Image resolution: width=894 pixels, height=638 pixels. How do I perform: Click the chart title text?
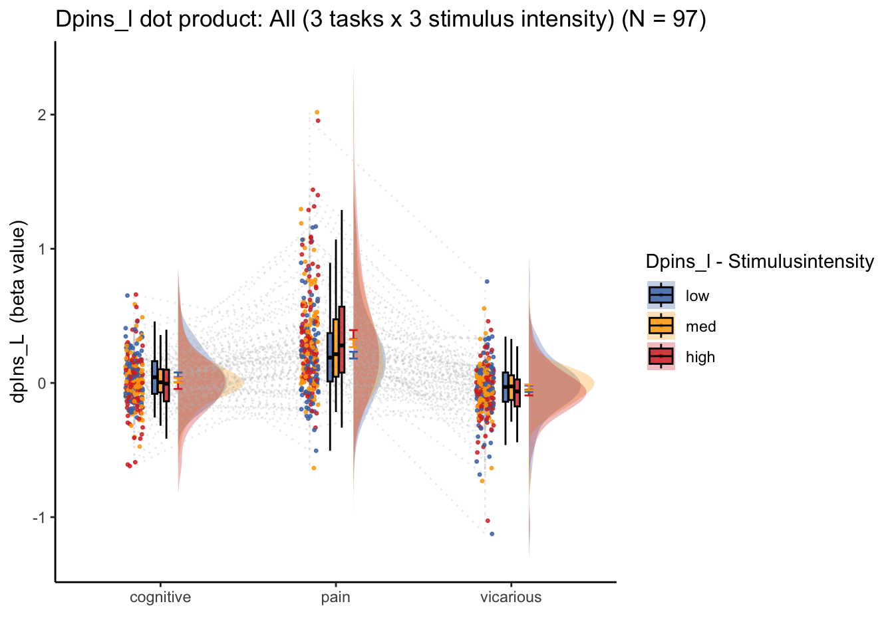pyautogui.click(x=380, y=19)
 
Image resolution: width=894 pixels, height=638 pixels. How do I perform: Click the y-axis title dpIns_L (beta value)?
pyautogui.click(x=17, y=312)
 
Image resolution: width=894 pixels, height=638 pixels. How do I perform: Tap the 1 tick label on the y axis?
pyautogui.click(x=41, y=250)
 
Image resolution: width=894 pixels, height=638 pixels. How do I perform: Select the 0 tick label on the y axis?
pyautogui.click(x=41, y=383)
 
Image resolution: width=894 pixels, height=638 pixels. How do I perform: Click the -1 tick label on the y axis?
pyautogui.click(x=39, y=518)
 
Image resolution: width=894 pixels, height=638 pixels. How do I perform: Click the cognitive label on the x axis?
pyautogui.click(x=160, y=597)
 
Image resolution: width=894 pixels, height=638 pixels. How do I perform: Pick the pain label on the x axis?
pyautogui.click(x=336, y=597)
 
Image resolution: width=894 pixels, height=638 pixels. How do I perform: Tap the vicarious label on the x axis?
pyautogui.click(x=511, y=597)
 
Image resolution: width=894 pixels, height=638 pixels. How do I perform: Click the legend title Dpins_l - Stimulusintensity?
pyautogui.click(x=760, y=262)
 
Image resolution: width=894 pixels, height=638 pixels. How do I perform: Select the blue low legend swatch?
pyautogui.click(x=661, y=296)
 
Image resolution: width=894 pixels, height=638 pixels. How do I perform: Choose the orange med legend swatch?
pyautogui.click(x=661, y=326)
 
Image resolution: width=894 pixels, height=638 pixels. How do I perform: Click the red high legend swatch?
pyautogui.click(x=661, y=356)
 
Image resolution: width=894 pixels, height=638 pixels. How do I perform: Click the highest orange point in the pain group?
pyautogui.click(x=317, y=112)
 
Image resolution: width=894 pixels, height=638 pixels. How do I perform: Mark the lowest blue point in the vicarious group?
pyautogui.click(x=492, y=534)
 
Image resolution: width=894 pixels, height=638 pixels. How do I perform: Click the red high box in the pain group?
pyautogui.click(x=342, y=340)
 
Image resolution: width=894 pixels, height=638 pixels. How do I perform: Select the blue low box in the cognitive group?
pyautogui.click(x=154, y=377)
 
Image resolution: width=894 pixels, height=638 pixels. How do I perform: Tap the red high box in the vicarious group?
pyautogui.click(x=518, y=393)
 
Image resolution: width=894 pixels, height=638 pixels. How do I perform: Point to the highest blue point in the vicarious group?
pyautogui.click(x=487, y=282)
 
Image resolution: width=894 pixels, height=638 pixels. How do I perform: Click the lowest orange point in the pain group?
pyautogui.click(x=314, y=468)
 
